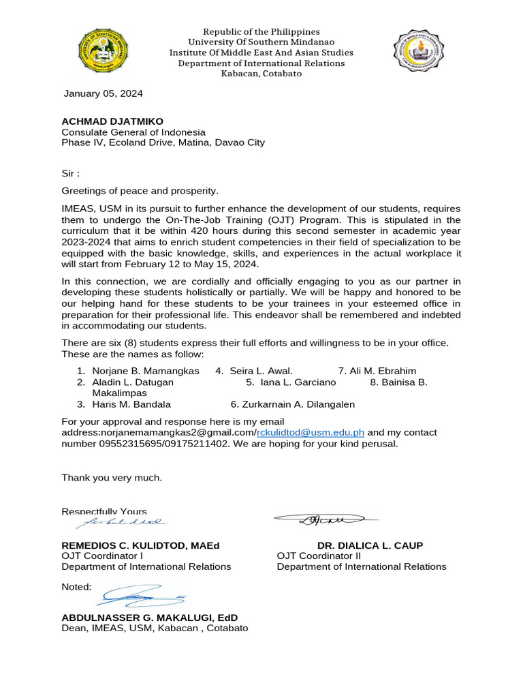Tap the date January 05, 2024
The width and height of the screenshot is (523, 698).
click(103, 93)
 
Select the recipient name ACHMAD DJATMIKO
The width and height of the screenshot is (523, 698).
click(112, 121)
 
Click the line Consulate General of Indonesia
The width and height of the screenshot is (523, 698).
click(133, 132)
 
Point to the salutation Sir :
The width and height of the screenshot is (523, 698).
click(71, 174)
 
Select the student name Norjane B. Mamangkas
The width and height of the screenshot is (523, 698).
click(146, 371)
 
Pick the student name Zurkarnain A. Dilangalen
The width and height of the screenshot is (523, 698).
click(293, 404)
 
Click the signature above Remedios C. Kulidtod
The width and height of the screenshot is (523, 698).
click(120, 523)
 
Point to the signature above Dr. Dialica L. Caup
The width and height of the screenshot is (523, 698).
click(326, 520)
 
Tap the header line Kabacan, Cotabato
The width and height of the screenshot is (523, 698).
click(261, 74)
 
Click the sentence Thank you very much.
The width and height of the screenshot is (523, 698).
click(112, 477)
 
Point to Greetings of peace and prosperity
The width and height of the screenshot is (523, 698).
click(140, 191)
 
